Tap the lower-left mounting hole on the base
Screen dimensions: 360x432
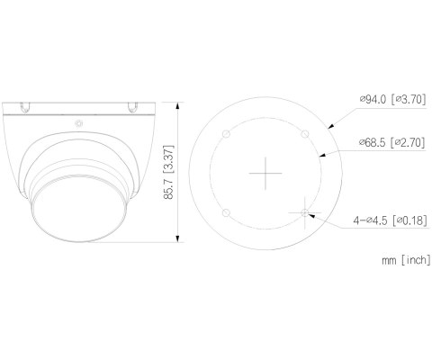[224, 213]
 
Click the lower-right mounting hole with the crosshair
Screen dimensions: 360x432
[306, 213]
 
